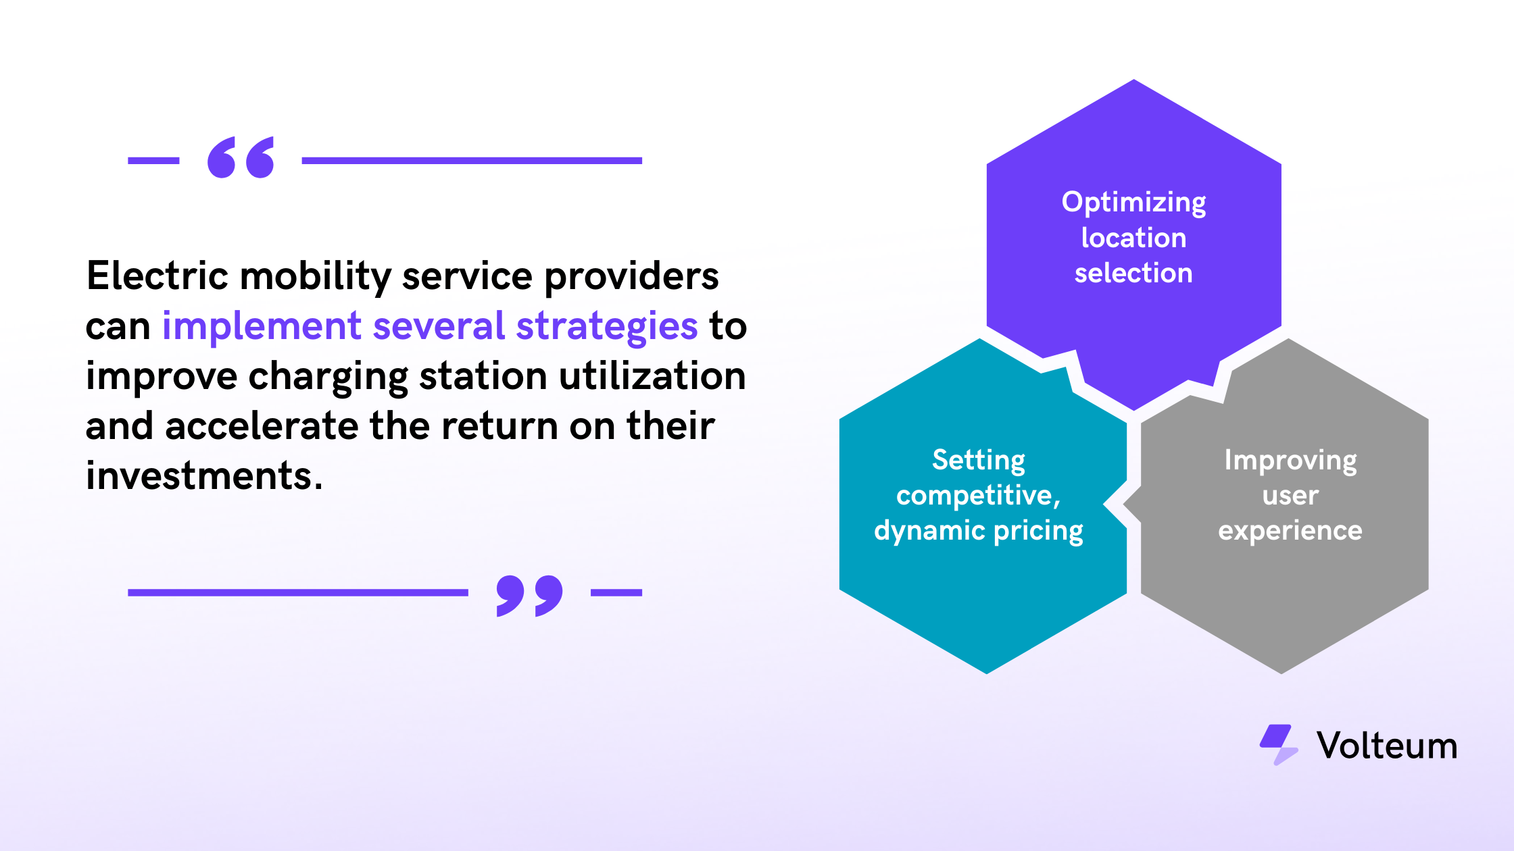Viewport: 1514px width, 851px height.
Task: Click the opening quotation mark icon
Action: point(241,157)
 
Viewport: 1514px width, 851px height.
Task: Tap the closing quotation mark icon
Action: point(529,596)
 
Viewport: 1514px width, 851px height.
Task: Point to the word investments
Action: point(204,475)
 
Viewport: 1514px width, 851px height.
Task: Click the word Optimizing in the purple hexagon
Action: point(1134,203)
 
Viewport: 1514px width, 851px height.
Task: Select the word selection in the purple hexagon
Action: point(1133,273)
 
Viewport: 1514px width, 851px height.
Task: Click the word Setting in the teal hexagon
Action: point(979,461)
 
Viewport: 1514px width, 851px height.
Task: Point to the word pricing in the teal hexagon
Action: point(1039,532)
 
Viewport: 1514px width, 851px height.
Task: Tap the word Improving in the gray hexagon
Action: point(1290,461)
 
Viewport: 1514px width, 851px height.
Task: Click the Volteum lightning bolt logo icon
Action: point(1279,745)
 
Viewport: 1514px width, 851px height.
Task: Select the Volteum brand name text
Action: point(1387,746)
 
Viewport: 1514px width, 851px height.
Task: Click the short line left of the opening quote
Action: point(153,161)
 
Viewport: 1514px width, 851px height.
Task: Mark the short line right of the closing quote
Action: point(616,592)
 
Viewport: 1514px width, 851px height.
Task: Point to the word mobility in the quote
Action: point(316,277)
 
